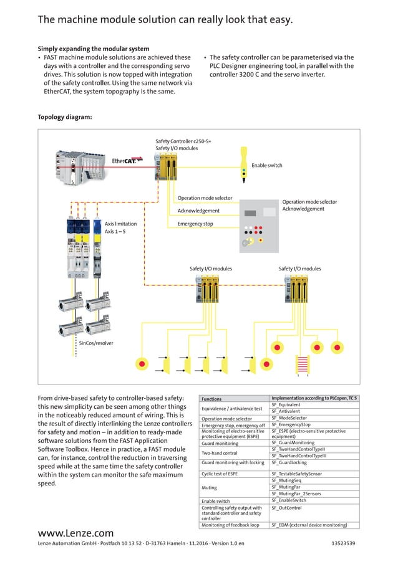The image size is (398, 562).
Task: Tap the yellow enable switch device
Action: [243, 160]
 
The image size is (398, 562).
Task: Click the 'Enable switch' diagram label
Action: [266, 166]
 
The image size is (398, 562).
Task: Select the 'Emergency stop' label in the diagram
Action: [195, 224]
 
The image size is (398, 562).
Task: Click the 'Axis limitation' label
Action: [120, 224]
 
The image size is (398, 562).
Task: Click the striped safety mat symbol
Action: [303, 364]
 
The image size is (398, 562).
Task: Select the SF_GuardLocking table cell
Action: [289, 463]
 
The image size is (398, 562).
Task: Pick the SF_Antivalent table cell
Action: [286, 411]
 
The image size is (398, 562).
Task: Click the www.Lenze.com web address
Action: [76, 533]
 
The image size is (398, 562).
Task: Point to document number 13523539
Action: [343, 544]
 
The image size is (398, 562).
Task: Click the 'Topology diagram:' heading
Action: [65, 117]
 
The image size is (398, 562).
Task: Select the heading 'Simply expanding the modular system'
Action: [94, 49]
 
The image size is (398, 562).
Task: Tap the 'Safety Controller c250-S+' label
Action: [183, 141]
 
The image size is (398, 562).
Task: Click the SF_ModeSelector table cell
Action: [289, 418]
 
